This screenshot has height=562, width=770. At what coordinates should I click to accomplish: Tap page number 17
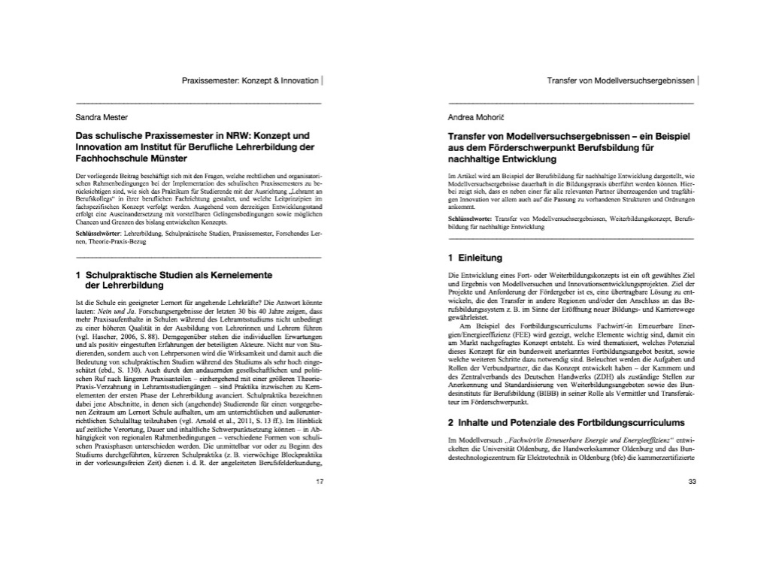(x=319, y=482)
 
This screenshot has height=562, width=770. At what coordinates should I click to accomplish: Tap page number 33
(x=693, y=482)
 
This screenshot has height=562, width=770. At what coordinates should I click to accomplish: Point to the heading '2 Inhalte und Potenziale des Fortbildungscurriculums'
(x=566, y=422)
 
